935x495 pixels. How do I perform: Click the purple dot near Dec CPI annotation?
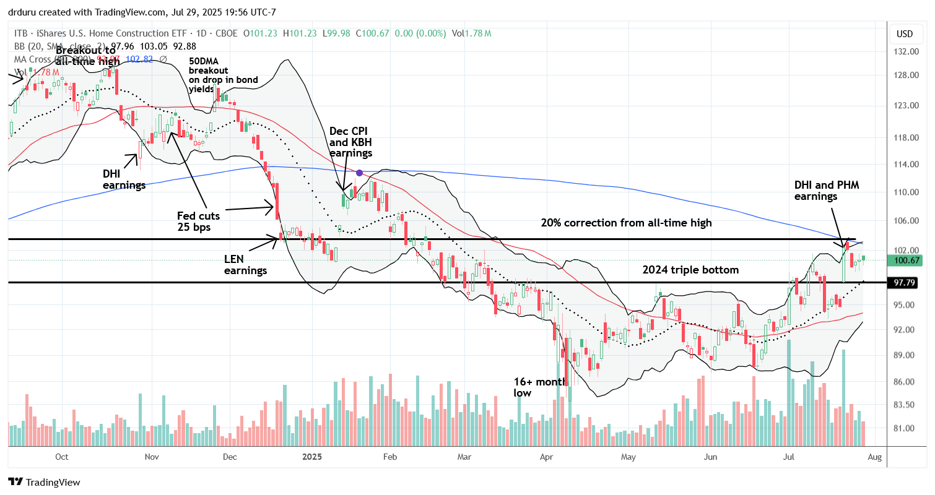(x=359, y=173)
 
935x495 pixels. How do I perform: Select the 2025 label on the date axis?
(x=312, y=457)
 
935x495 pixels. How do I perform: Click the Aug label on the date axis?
(x=876, y=457)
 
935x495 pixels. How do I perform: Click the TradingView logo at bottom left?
(x=44, y=482)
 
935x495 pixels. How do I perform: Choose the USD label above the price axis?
(x=905, y=33)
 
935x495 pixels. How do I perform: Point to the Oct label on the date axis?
(x=61, y=457)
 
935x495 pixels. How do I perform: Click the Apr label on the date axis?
(x=546, y=457)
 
